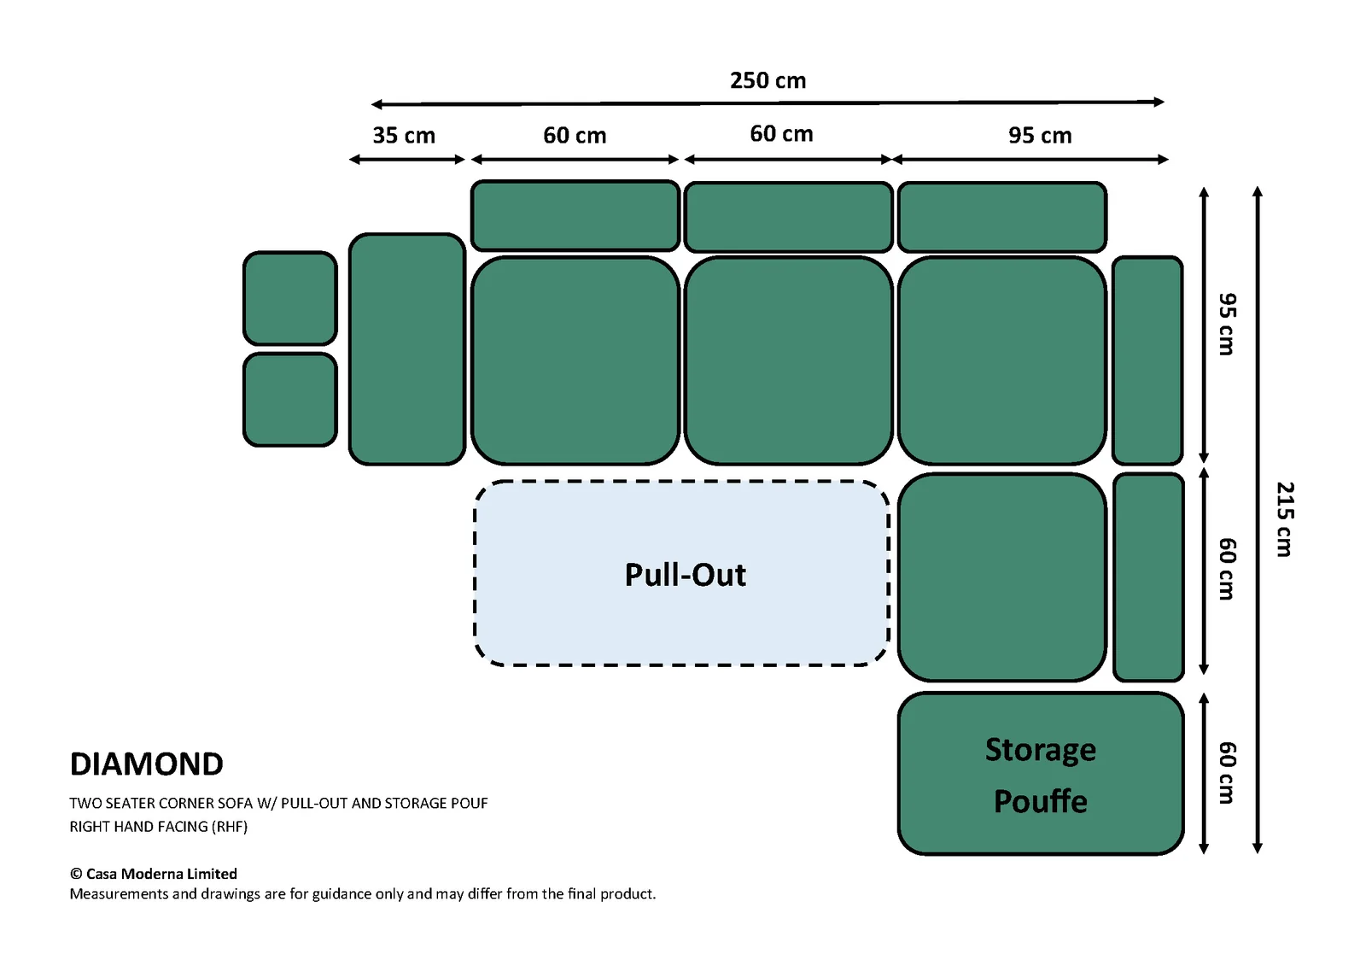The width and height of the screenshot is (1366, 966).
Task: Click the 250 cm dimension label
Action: [768, 80]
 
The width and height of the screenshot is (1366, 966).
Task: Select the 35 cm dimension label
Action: [404, 136]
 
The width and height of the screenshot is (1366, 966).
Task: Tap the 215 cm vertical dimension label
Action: [1285, 519]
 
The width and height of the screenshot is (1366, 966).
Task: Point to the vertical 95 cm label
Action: [1227, 324]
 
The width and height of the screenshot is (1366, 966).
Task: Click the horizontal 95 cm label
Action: [1040, 136]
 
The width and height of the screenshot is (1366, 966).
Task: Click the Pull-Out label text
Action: [685, 575]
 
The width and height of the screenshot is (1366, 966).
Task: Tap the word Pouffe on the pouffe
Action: [1041, 801]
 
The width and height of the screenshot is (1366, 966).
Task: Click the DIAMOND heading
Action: [146, 764]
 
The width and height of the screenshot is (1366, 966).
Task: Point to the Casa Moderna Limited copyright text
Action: [154, 874]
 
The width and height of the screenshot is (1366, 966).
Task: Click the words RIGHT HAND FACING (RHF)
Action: [159, 827]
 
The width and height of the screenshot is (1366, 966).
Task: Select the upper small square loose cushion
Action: [289, 298]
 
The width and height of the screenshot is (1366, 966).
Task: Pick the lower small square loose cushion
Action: [289, 400]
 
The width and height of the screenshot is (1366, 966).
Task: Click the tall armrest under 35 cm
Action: [406, 349]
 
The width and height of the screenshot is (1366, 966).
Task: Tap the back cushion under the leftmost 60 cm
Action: [575, 215]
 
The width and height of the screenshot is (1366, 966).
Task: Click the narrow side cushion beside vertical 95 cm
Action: [1147, 360]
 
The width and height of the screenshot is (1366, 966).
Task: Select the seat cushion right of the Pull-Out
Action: [1002, 577]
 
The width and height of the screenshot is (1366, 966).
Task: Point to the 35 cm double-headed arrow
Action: [406, 160]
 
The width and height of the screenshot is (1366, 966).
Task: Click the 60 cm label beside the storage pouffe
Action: [1227, 773]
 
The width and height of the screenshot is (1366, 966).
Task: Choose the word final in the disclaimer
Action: [581, 894]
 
